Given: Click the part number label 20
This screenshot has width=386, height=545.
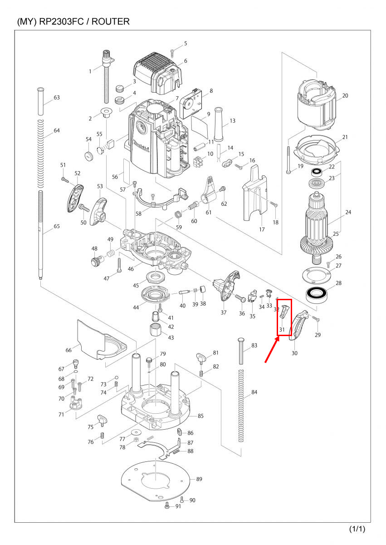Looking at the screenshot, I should pyautogui.click(x=345, y=96).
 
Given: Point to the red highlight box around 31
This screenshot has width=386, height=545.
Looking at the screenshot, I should pyautogui.click(x=284, y=317).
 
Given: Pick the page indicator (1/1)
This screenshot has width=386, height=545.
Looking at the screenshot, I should pyautogui.click(x=357, y=529).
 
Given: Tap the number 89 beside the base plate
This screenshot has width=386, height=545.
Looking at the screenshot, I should pyautogui.click(x=199, y=479).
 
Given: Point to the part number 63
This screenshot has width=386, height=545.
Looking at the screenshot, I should pyautogui.click(x=57, y=98).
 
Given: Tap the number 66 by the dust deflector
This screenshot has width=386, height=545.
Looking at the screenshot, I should pyautogui.click(x=69, y=351).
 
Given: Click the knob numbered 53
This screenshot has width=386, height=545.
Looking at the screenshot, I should pyautogui.click(x=98, y=211).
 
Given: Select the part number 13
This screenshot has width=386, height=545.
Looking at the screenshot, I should pyautogui.click(x=232, y=121).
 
